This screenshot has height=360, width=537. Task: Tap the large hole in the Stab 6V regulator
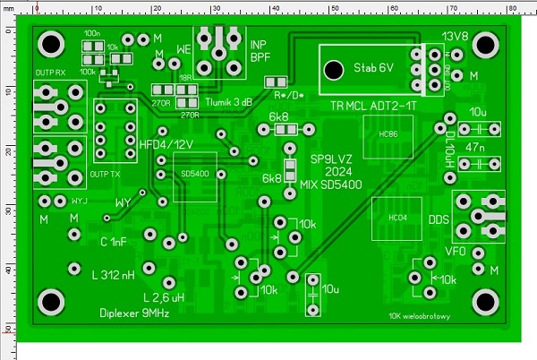coord(333,69)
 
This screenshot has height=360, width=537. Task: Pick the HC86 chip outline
coord(388,134)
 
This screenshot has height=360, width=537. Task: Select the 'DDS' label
coord(438,219)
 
